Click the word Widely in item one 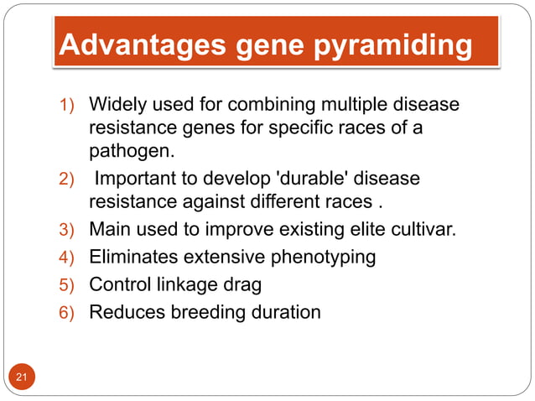pyautogui.click(x=117, y=107)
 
